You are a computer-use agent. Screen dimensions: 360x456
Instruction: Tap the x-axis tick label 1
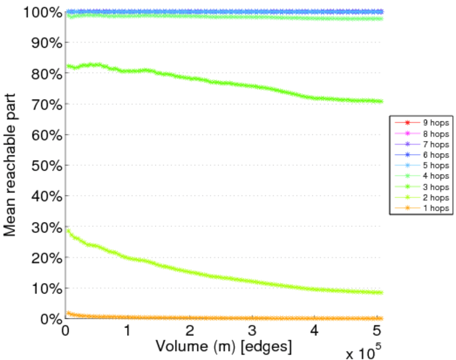pyautogui.click(x=127, y=331)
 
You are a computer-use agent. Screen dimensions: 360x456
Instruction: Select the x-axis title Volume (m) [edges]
pyautogui.click(x=223, y=346)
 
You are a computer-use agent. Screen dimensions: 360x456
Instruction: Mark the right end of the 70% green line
pyautogui.click(x=381, y=101)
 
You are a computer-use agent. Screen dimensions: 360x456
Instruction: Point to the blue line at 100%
pyautogui.click(x=222, y=11)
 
